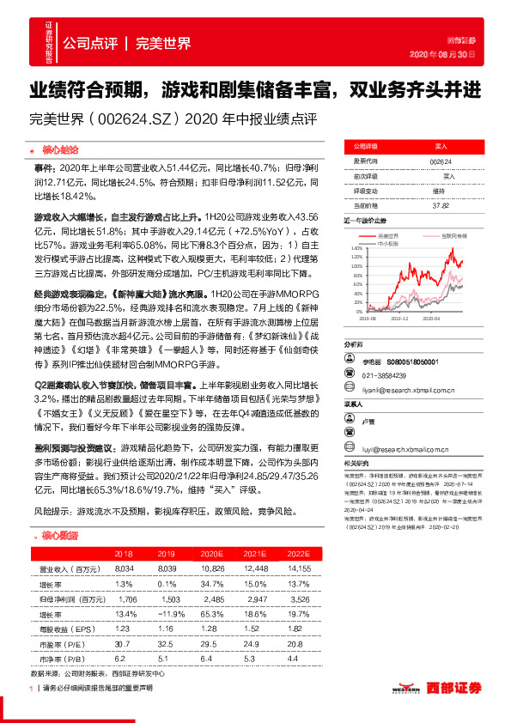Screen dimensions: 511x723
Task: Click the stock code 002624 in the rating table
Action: [440, 161]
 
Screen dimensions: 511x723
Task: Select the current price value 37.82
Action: [440, 205]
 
